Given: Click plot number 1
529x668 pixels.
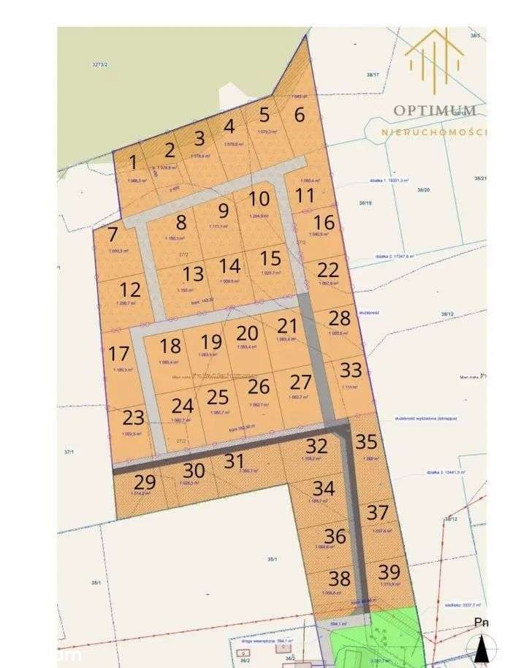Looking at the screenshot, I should [133, 162].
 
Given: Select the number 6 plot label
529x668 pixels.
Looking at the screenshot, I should [300, 115].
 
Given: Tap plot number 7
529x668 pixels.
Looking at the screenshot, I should [113, 235].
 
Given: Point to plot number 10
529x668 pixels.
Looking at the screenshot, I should [259, 199].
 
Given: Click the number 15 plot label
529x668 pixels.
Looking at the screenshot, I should [270, 258].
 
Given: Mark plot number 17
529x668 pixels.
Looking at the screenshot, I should [118, 354].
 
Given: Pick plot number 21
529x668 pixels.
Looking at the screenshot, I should [288, 326].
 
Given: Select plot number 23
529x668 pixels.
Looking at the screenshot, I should [134, 418].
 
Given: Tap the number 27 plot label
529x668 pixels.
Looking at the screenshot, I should [300, 382].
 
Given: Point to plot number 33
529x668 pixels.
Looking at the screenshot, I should [351, 370].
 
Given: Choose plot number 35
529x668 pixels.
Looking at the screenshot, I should [366, 441].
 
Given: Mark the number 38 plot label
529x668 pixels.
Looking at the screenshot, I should [339, 579].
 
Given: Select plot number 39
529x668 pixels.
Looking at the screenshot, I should [389, 572].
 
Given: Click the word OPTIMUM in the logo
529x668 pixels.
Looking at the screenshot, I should [435, 110].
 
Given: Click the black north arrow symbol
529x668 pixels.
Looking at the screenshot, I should [482, 648].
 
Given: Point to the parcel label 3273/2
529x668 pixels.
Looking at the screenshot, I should [100, 64].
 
